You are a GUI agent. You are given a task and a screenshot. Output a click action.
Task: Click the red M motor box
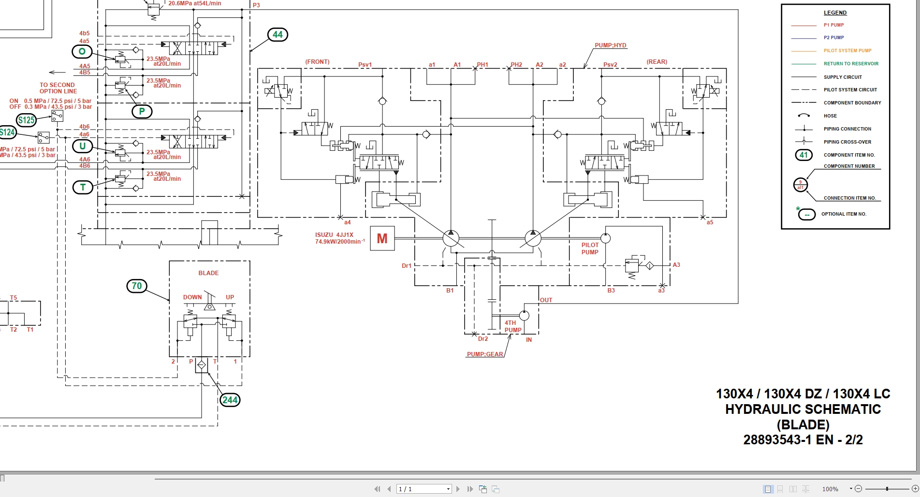[x=382, y=238]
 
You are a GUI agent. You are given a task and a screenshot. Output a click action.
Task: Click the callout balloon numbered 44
[x=277, y=35]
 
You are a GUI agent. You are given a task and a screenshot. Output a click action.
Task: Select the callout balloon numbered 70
[x=137, y=286]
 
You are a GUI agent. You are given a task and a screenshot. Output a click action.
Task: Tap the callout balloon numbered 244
[x=230, y=400]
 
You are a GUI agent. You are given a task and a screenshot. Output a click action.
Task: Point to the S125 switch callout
[x=26, y=120]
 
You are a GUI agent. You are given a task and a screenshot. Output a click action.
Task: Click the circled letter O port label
[x=82, y=51]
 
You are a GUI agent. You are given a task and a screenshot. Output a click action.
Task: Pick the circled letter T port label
[x=83, y=187]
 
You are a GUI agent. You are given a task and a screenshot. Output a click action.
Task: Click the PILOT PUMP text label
[x=590, y=248]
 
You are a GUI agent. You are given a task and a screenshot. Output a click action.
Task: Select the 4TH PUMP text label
[x=512, y=326]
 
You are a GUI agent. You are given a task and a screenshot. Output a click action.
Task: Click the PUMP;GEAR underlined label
[x=485, y=354]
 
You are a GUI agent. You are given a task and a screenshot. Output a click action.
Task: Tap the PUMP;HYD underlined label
[x=610, y=45]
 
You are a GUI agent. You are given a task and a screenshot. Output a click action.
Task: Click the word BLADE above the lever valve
[x=208, y=273]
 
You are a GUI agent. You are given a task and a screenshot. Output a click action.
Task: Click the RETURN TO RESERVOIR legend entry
[x=851, y=64]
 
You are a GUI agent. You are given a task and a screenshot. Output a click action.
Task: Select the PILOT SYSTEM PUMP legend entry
[x=847, y=51]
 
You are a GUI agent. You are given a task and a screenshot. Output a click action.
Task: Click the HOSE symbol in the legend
[x=803, y=116]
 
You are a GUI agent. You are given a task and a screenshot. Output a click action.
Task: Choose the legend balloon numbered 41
[x=803, y=155]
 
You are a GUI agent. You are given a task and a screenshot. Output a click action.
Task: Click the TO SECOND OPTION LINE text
[x=58, y=88]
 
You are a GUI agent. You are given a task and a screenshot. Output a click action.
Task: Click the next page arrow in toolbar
[x=458, y=489]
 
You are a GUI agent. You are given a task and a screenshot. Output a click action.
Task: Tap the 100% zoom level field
[x=830, y=489]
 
